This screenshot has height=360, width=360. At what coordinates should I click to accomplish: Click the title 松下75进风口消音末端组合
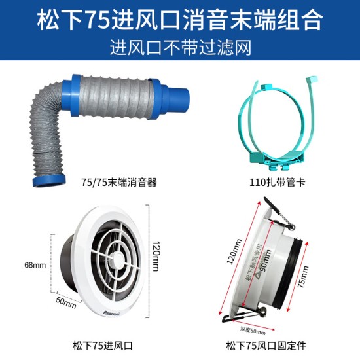(179, 20)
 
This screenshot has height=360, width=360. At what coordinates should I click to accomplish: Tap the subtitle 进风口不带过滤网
(179, 47)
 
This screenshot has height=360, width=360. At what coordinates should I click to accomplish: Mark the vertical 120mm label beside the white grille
(156, 255)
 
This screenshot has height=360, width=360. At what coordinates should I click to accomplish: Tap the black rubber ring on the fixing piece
(300, 268)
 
